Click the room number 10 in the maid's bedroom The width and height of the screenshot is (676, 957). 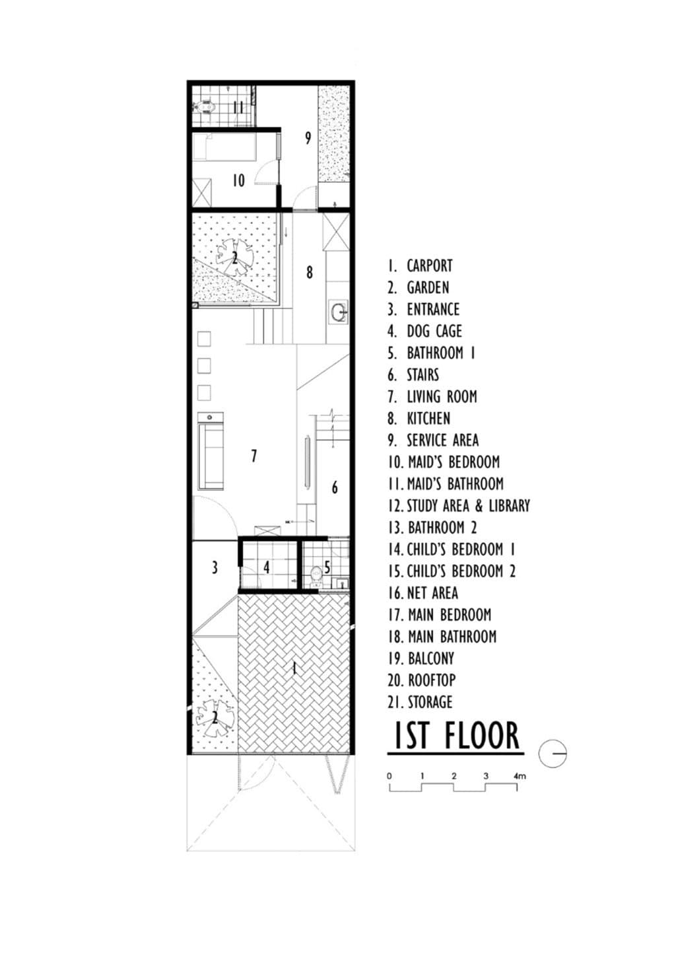coord(238,180)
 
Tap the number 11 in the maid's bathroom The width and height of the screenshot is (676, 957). coord(238,107)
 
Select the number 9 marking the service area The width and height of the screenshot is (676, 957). coord(308,137)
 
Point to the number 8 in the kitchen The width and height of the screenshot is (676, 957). coord(309,271)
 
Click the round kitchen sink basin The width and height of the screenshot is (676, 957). coord(339,311)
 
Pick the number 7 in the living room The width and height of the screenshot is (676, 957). coord(253,456)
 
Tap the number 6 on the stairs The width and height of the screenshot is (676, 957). coord(335,487)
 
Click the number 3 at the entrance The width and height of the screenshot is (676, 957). coord(215,567)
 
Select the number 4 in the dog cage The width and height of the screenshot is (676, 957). coord(267,567)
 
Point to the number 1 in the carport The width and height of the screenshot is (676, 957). coord(294,668)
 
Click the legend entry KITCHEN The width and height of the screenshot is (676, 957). coord(428,419)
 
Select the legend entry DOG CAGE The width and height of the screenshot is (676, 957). coord(434,332)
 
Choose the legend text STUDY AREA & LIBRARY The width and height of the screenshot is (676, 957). coord(467,506)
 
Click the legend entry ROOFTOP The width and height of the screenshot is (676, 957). coord(431,680)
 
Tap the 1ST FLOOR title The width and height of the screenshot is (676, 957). coord(456,736)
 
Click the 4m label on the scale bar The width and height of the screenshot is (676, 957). coord(520,776)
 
